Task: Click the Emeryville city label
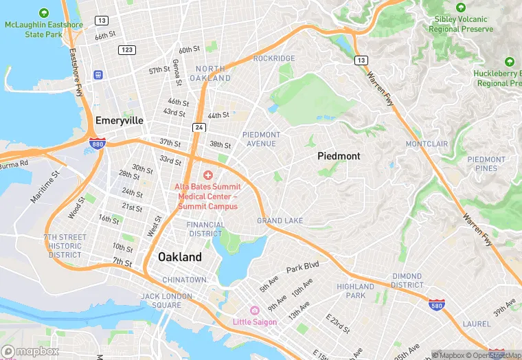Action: (120, 120)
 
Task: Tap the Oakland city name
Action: (180, 257)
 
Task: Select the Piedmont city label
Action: (339, 156)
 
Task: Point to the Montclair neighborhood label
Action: (427, 144)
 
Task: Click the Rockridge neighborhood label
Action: (273, 58)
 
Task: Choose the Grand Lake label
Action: (280, 221)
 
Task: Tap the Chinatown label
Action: (184, 280)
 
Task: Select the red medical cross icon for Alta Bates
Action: (207, 176)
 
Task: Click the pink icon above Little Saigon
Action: (255, 311)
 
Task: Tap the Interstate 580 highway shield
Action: (435, 304)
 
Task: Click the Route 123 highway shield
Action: (126, 49)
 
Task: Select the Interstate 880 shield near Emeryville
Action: (97, 144)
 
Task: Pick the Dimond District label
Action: (407, 280)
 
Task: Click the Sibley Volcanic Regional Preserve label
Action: (461, 24)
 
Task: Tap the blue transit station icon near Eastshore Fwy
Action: (99, 74)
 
